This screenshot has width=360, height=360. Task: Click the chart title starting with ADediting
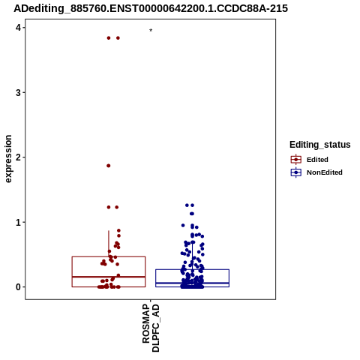(151, 8)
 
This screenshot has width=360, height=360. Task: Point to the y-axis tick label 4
(18, 28)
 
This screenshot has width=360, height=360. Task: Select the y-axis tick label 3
(18, 93)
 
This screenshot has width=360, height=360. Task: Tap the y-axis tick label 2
(18, 157)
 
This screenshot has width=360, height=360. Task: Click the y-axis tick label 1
(18, 222)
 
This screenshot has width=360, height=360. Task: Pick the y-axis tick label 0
(18, 287)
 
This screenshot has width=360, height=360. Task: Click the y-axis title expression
(8, 159)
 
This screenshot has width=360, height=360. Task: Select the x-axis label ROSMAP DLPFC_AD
(151, 328)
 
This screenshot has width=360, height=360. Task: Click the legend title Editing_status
(320, 145)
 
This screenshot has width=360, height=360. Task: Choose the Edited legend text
(317, 160)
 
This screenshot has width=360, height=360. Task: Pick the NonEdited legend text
(325, 172)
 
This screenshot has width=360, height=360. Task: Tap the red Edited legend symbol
(296, 160)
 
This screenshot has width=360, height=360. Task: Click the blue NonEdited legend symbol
(296, 172)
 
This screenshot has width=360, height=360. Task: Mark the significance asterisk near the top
(151, 30)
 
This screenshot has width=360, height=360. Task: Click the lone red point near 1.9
(109, 166)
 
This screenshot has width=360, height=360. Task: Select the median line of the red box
(109, 277)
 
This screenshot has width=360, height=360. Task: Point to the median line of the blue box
(192, 283)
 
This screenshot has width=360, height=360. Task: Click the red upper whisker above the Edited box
(109, 244)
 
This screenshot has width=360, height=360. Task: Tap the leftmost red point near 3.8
(109, 38)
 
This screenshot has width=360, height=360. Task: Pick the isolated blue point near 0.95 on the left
(183, 226)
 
